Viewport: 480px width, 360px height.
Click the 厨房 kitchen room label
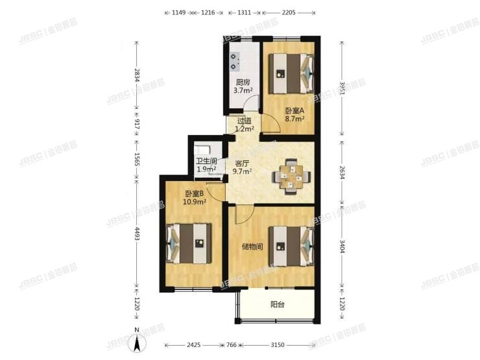point(243,82)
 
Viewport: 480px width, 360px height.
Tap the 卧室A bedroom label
point(294,110)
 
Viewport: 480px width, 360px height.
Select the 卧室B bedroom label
point(195,193)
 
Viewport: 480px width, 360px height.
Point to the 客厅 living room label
point(242,163)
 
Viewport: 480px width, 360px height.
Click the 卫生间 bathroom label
point(206,162)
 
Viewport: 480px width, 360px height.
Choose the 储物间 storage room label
point(252,246)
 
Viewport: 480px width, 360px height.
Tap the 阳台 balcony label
point(278,304)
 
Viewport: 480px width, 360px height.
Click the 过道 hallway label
point(243,121)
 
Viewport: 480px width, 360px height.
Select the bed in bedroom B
point(190,243)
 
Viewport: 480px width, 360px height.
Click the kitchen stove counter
point(234,59)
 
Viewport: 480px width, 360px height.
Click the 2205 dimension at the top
point(289,12)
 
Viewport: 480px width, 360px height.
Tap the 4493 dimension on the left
point(136,232)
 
